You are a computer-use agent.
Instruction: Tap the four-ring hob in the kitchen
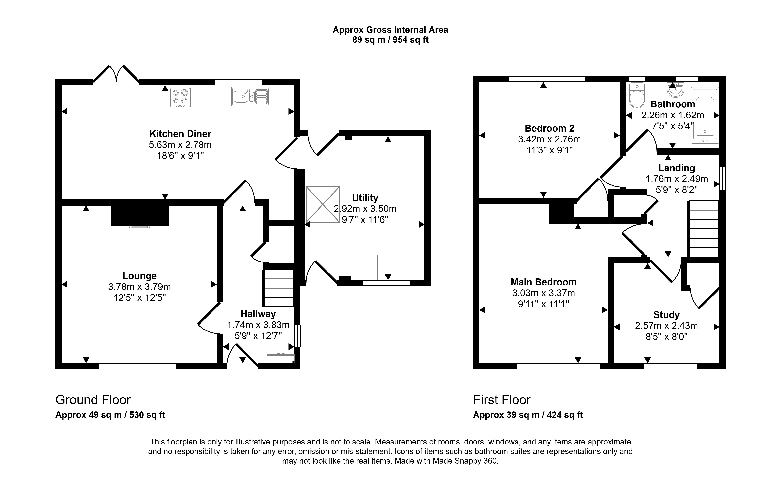(180, 97)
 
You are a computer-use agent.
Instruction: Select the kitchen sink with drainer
(250, 96)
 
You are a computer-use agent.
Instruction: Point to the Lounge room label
(139, 276)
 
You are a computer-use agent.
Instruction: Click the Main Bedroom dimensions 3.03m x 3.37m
(543, 293)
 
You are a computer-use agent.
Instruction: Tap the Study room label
(667, 315)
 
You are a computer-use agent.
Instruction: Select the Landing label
(677, 168)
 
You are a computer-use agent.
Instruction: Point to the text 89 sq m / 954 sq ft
(390, 40)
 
